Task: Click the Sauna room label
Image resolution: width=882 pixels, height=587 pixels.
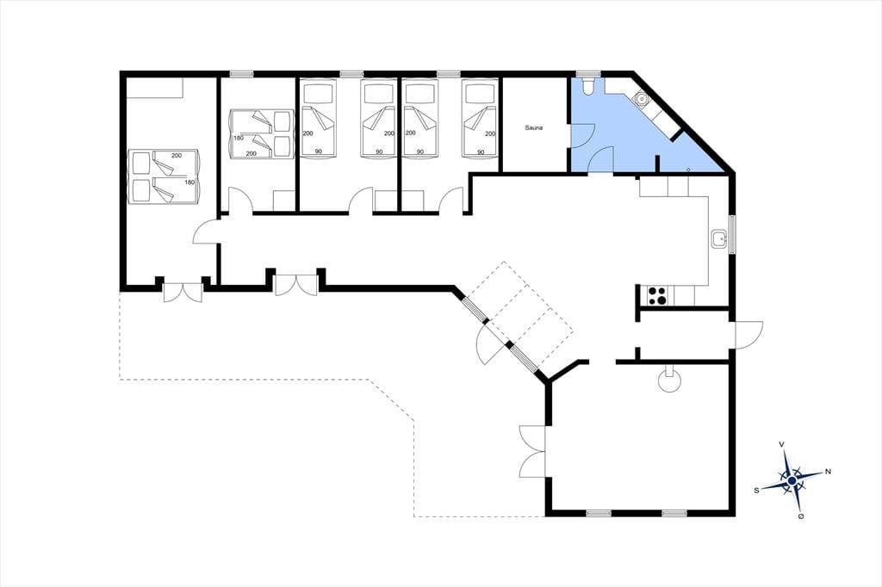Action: pos(534,127)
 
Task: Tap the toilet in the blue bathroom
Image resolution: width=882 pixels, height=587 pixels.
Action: pos(588,84)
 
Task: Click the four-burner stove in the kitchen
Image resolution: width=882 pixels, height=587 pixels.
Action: pos(657,296)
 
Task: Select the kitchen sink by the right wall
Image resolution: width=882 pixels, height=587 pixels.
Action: pos(719,239)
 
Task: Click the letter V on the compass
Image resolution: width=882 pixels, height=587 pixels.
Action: pos(781,444)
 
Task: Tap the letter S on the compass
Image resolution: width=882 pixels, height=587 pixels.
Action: pos(756,491)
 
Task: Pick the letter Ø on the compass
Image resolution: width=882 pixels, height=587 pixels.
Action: pos(800,516)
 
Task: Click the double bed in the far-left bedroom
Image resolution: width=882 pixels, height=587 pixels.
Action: pos(164,176)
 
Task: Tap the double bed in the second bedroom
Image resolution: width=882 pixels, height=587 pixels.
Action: pos(262,133)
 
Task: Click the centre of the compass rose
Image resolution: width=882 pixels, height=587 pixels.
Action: pos(792,481)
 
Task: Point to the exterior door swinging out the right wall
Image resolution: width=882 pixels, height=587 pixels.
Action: pos(748,335)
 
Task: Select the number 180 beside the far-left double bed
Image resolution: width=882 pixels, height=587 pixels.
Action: pos(189,182)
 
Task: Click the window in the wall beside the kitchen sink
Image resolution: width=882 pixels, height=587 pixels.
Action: pos(732,234)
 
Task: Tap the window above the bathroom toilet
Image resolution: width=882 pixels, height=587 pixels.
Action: pos(588,74)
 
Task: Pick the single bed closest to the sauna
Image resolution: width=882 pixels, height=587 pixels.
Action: pos(480,118)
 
